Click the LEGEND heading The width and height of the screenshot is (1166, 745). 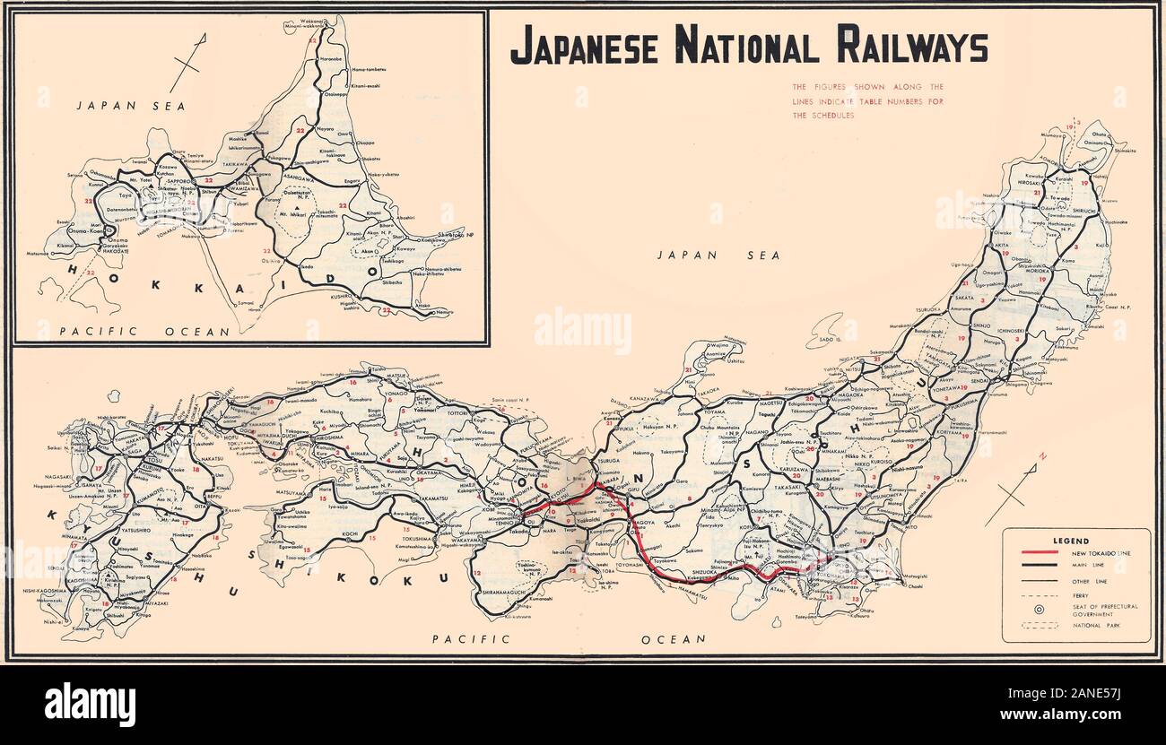pos(1070,541)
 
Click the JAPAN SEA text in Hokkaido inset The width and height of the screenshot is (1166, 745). pos(130,106)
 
